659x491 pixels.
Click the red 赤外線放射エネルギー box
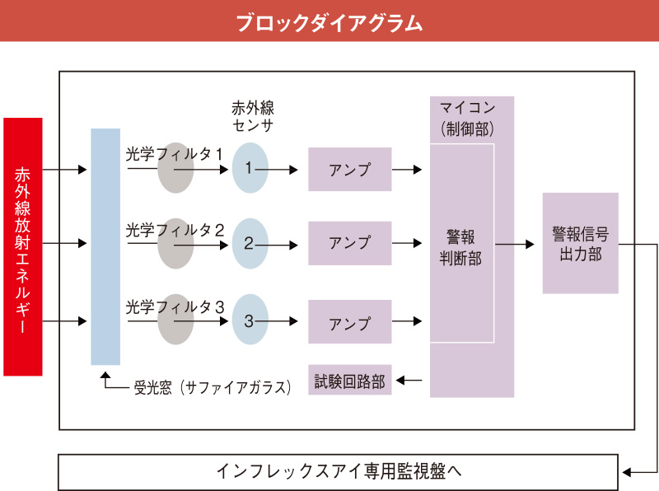[x=22, y=246]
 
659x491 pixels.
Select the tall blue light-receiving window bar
[x=105, y=246]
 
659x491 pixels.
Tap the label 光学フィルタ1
[x=175, y=154]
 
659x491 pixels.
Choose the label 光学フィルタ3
[x=175, y=306]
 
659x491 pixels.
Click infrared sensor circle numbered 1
[x=250, y=169]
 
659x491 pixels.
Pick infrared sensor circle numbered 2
[x=250, y=244]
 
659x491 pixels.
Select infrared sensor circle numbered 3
[x=250, y=320]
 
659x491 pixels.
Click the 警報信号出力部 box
[x=580, y=243]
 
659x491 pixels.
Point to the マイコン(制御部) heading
[x=471, y=118]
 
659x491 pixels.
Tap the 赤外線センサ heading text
[x=252, y=117]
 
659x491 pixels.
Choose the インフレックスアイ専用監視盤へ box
[x=338, y=473]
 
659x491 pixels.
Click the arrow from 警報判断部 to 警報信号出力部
[x=516, y=244]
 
